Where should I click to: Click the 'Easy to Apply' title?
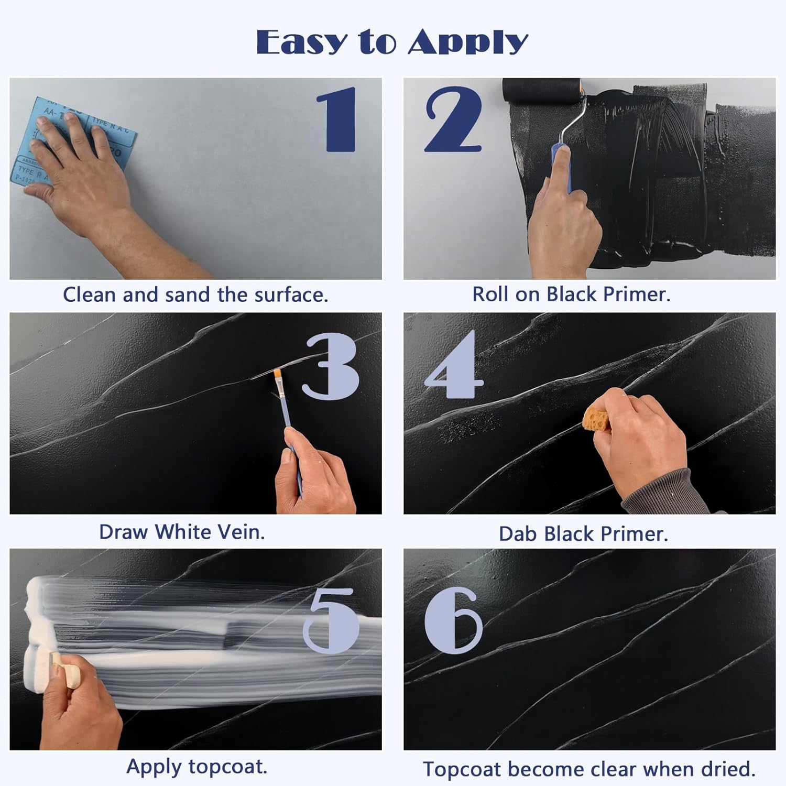coord(392,42)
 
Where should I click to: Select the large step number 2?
coord(452,119)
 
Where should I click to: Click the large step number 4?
coord(454,366)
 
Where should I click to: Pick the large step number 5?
coord(331,621)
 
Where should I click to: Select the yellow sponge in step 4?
coord(598,418)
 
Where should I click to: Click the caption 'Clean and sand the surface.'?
coord(195,295)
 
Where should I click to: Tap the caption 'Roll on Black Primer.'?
coord(571,294)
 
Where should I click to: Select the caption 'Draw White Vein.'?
coord(182,532)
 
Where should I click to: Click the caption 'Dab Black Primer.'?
coord(583,534)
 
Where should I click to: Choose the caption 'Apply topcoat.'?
coord(196,767)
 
